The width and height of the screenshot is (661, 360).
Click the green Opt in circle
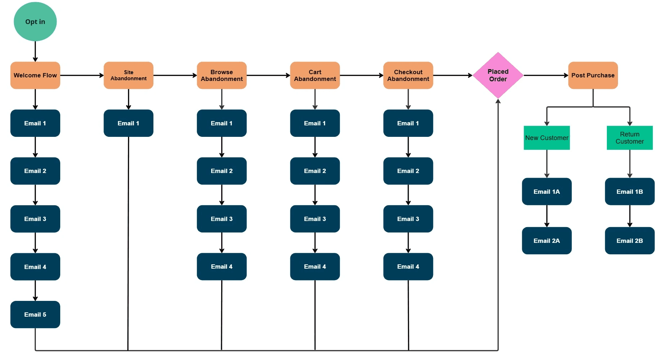point(35,21)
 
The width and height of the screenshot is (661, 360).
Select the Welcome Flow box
point(35,75)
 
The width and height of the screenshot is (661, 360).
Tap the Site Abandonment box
point(128,75)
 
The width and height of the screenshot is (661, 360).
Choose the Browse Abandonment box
point(222,75)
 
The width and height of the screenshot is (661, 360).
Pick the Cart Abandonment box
point(315,75)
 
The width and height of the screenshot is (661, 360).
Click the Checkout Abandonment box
point(408,75)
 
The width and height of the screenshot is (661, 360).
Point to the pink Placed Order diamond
point(498,75)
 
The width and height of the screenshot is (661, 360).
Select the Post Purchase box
point(593,75)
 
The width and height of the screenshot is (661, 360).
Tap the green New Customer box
point(547,138)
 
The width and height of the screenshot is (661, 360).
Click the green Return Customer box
point(629,138)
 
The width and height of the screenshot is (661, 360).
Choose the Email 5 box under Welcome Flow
point(35,315)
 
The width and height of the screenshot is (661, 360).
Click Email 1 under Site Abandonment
point(128,123)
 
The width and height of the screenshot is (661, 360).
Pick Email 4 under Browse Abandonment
point(222,267)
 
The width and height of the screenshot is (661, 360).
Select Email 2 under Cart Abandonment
point(315,171)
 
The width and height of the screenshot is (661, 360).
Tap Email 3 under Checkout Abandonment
point(408,219)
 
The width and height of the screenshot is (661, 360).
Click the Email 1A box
point(547,192)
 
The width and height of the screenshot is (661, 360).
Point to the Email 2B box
point(629,241)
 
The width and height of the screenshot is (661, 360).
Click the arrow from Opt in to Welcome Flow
point(35,52)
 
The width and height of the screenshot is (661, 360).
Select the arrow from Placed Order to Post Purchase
point(546,75)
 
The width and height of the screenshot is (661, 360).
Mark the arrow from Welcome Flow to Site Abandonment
point(82,75)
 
